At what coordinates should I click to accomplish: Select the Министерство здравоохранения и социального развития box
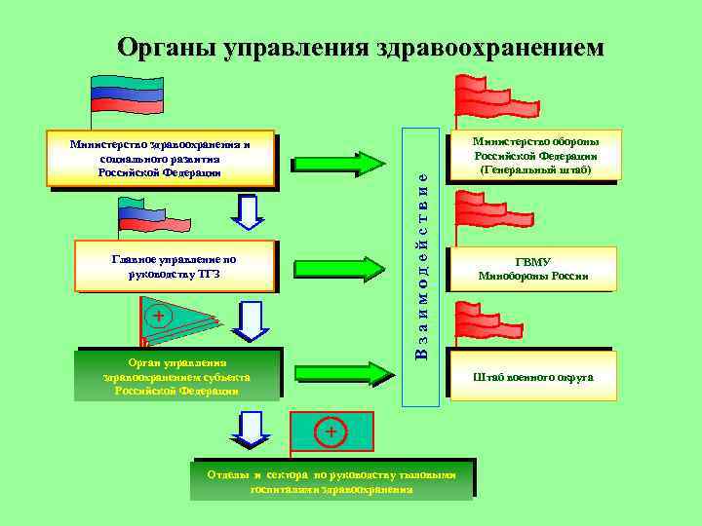click(x=161, y=159)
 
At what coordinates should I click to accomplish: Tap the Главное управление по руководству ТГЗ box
click(x=175, y=266)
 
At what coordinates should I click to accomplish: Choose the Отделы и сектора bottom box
click(x=331, y=480)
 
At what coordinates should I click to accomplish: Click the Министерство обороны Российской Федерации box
click(x=534, y=155)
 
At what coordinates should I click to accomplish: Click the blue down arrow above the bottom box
click(x=252, y=430)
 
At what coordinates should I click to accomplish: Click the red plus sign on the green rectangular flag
click(x=331, y=431)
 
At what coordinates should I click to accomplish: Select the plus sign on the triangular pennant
click(x=158, y=316)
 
